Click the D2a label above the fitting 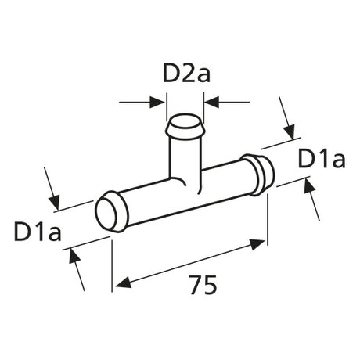(186, 73)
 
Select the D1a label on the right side (322, 159)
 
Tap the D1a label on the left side (38, 232)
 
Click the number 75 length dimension (203, 285)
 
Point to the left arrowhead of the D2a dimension (157, 102)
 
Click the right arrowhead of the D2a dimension (211, 102)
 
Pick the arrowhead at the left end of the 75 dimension (123, 283)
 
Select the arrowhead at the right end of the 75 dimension (257, 244)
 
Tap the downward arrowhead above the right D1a (290, 132)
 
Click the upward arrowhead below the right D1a (309, 185)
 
